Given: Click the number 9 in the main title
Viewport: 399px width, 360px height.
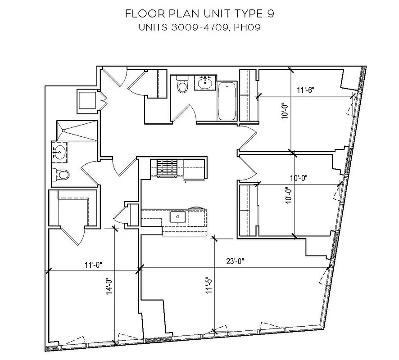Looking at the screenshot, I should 271,13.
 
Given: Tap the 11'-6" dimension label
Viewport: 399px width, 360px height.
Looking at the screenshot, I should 305,90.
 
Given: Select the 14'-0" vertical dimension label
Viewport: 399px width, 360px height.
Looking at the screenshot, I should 109,287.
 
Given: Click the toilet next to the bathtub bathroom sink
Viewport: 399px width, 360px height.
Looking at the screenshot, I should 182,85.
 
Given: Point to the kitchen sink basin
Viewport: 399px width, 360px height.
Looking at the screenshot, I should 178,217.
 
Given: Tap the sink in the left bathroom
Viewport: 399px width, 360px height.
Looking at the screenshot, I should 59,152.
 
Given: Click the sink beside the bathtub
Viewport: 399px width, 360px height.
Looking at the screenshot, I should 205,82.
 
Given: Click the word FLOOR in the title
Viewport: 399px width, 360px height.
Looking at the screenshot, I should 141,13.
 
